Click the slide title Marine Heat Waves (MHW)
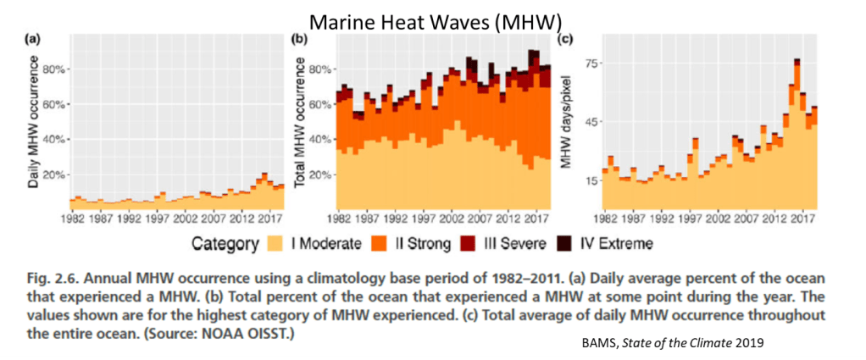(431, 18)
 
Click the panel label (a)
(32, 40)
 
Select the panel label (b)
(299, 40)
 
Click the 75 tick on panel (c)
(591, 64)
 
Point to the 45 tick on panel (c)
(591, 121)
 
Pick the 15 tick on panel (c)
(591, 180)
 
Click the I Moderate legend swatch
(274, 245)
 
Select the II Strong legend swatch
(379, 245)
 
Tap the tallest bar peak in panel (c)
(797, 61)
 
